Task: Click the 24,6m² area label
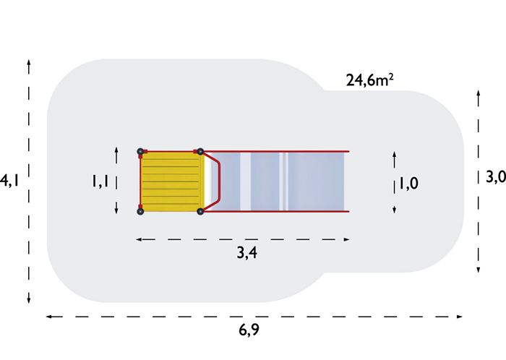[x=370, y=80]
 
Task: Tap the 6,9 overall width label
[x=249, y=330]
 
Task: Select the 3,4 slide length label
[x=247, y=252]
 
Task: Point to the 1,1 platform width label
[x=100, y=181]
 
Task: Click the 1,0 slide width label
[x=409, y=184]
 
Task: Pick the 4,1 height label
[x=9, y=180]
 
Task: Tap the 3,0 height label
[x=496, y=177]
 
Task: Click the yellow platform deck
[x=171, y=181]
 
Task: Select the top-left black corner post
[x=140, y=151]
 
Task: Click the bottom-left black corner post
[x=140, y=211]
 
